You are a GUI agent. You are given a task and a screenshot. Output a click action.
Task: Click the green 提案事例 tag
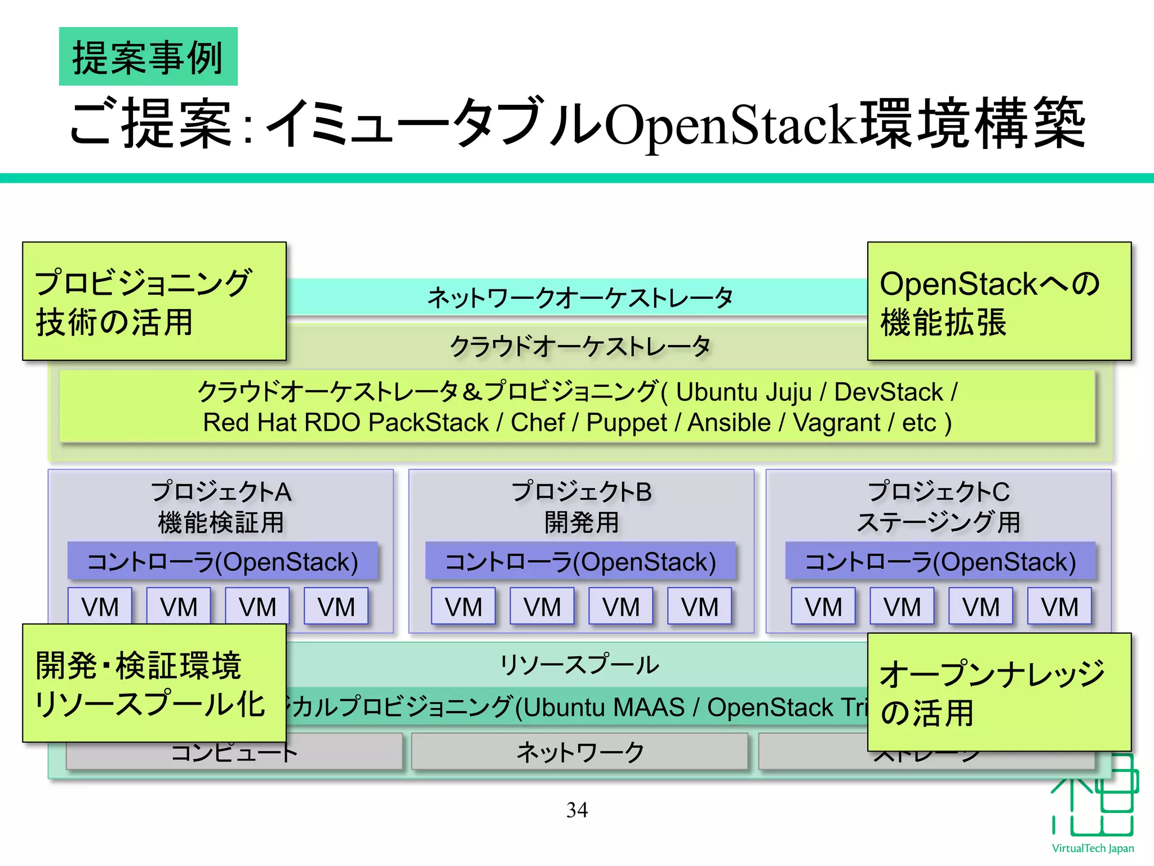click(148, 57)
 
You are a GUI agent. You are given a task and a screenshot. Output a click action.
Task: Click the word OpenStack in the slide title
click(733, 125)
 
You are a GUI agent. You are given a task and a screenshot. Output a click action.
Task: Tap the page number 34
click(577, 810)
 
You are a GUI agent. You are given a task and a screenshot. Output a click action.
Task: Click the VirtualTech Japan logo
click(1093, 806)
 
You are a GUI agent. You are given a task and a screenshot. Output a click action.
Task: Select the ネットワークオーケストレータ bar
click(580, 297)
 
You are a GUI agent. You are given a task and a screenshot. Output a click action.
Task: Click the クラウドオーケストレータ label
click(580, 346)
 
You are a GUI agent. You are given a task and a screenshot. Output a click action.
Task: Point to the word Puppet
click(627, 423)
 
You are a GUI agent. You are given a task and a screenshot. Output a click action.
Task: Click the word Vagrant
click(836, 423)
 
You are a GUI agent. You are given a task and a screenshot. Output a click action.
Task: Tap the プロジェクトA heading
click(221, 492)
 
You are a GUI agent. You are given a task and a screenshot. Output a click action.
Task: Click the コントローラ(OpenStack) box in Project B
click(580, 562)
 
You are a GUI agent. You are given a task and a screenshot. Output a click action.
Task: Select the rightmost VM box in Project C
click(1059, 607)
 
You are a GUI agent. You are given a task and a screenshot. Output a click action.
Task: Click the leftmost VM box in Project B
click(463, 607)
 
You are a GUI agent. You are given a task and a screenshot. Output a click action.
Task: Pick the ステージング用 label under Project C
click(938, 522)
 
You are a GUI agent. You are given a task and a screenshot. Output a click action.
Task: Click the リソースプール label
click(580, 664)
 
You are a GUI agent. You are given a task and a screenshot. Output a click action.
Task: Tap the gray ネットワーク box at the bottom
click(580, 752)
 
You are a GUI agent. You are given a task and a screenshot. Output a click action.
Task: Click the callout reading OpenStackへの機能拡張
click(999, 302)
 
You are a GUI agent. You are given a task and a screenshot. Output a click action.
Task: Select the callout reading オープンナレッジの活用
click(999, 692)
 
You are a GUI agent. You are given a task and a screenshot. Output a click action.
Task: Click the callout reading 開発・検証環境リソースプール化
click(154, 683)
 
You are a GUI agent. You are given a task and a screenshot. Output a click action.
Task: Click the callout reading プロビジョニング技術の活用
click(154, 302)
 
